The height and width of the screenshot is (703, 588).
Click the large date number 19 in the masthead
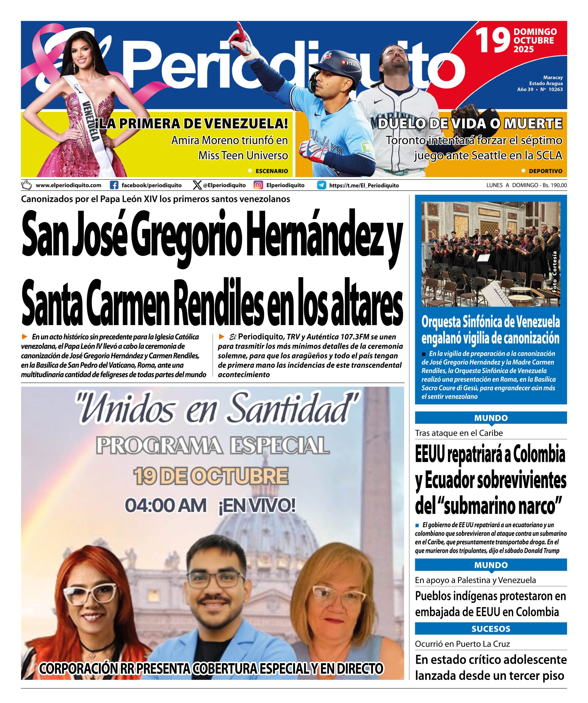point(493,41)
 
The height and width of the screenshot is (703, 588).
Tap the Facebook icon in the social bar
point(114,185)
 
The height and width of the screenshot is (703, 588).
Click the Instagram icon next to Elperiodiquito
point(258,185)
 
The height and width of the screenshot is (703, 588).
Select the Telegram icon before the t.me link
point(322,185)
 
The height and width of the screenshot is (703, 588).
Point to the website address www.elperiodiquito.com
point(68,185)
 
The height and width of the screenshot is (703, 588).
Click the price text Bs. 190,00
point(553,185)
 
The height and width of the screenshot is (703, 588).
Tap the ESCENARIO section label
point(271,171)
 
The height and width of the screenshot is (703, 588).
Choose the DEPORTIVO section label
point(545,171)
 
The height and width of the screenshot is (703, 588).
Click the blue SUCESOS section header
point(490,629)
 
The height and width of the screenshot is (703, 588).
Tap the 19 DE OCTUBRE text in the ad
point(211,476)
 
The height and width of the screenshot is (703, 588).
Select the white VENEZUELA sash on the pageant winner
point(90,117)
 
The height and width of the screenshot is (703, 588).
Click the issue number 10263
point(556,89)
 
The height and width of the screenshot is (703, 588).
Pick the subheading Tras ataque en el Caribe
point(459,433)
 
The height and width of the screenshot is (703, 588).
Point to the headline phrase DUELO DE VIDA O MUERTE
point(470,124)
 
